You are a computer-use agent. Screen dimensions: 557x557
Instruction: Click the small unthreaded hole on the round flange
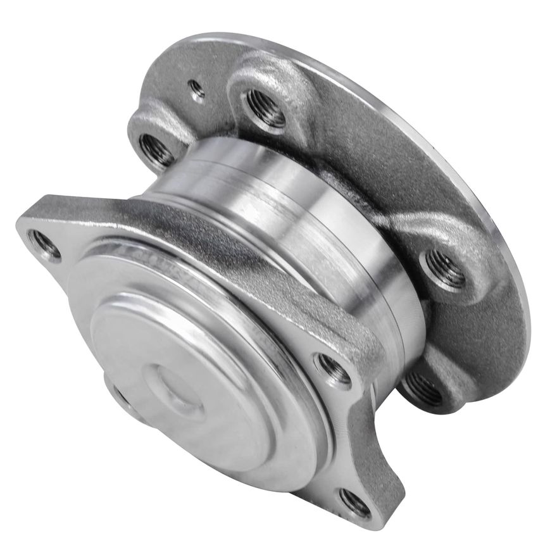click(197, 89)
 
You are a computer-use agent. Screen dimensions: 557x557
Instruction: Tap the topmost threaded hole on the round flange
click(266, 107)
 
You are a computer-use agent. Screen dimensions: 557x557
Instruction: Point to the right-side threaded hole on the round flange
click(446, 269)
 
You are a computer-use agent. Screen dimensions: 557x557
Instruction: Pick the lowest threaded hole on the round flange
click(422, 388)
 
